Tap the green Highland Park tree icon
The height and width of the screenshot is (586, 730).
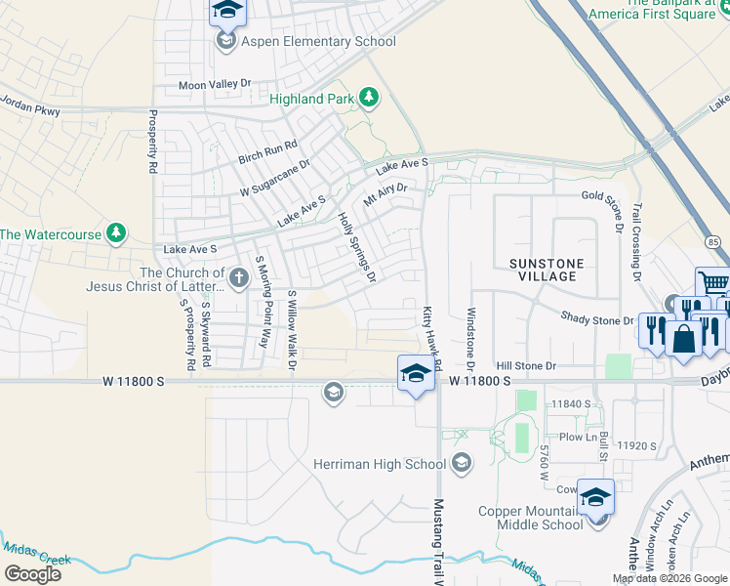pos(369,96)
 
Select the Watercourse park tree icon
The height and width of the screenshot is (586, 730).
pos(116,233)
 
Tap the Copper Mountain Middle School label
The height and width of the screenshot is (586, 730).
pos(530,518)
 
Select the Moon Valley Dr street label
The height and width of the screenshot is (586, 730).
pos(215,86)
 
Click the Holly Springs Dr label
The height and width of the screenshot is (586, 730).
pos(356,248)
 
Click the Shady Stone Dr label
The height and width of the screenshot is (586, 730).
pos(597,319)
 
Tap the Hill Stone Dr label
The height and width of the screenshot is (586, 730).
pos(526,365)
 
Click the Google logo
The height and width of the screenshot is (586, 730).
pos(32,574)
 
